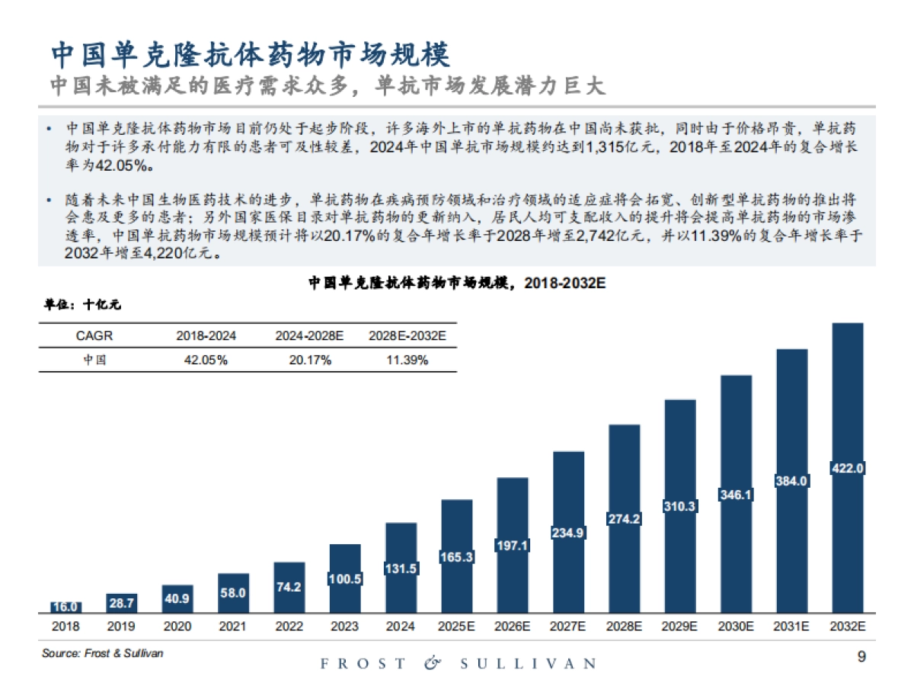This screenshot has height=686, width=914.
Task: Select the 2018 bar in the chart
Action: click(x=66, y=607)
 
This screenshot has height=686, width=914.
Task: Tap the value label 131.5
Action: click(x=401, y=569)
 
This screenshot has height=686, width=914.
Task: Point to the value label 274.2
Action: click(x=624, y=519)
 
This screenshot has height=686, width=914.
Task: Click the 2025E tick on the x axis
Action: click(x=456, y=627)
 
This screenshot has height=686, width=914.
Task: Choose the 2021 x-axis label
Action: click(x=233, y=627)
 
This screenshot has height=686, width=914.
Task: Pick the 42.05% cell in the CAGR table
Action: click(x=206, y=360)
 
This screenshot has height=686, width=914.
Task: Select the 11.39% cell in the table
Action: click(x=407, y=360)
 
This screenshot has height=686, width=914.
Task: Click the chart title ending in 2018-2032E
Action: click(x=456, y=283)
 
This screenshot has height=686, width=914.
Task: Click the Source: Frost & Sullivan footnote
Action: click(x=102, y=653)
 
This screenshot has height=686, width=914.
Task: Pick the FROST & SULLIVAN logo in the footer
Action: click(x=457, y=664)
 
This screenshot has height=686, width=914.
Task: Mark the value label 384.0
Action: click(x=791, y=481)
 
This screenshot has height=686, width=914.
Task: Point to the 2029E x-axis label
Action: click(x=679, y=627)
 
